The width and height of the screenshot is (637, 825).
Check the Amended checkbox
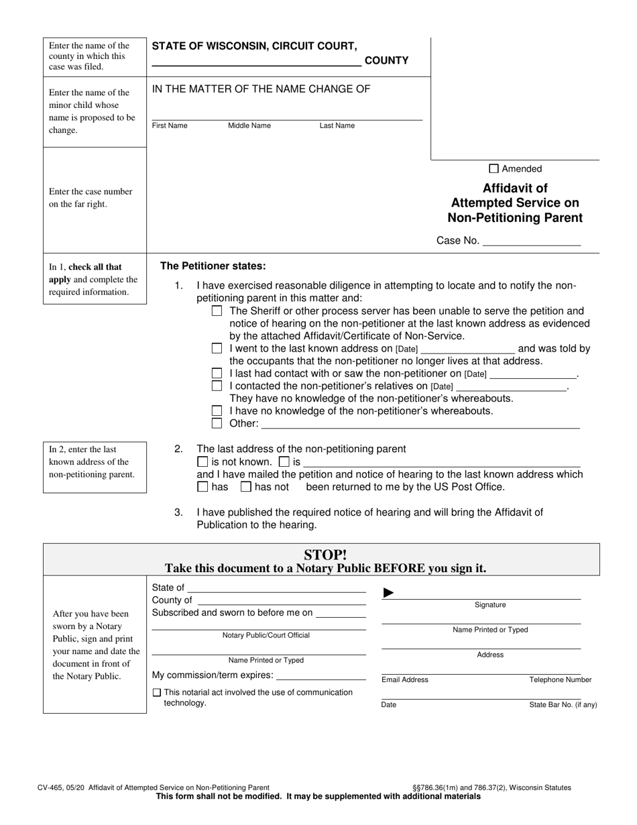494,169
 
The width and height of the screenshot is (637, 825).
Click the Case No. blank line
531,241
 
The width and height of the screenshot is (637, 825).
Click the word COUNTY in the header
386,61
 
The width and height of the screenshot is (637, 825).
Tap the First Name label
170,126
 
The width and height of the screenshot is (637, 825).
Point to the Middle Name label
249,126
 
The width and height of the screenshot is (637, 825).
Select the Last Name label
337,126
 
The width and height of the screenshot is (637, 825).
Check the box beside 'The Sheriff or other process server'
217,311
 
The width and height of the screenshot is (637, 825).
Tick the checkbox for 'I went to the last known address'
217,349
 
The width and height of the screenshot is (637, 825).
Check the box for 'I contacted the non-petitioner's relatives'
217,386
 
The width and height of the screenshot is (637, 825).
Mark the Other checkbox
217,423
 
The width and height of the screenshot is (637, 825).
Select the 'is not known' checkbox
202,462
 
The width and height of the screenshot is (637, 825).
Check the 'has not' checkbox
245,487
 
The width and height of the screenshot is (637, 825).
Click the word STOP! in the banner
325,555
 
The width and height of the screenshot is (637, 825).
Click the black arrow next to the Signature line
388,593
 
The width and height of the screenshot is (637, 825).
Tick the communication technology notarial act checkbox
157,693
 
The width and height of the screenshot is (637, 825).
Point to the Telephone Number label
561,680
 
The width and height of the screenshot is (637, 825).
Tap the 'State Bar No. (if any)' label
563,705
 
